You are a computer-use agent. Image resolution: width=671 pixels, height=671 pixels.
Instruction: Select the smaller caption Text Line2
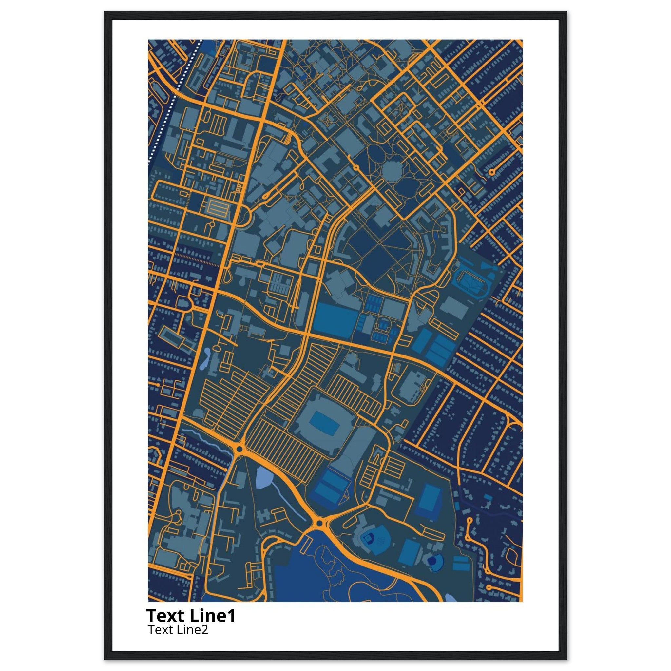coord(178,630)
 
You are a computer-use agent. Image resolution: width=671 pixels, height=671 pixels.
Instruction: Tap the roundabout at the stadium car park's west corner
coord(239,450)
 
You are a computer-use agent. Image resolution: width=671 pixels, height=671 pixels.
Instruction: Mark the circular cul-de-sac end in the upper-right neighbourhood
coord(491,172)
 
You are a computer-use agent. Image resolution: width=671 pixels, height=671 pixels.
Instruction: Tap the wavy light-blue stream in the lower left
coord(208,439)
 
